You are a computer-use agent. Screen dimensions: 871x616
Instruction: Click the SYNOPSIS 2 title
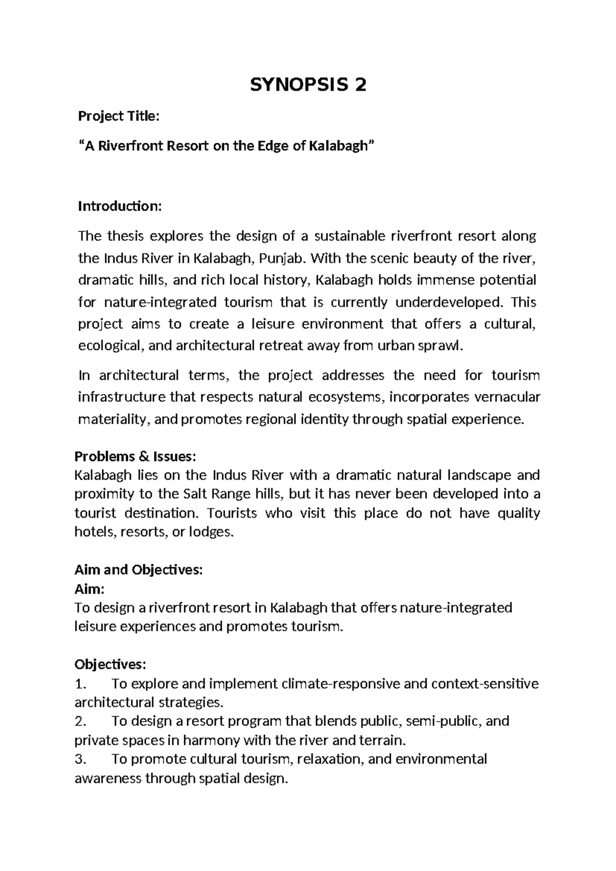point(308,85)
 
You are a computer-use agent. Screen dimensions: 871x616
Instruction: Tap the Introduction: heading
point(120,206)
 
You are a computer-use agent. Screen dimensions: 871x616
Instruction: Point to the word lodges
point(210,532)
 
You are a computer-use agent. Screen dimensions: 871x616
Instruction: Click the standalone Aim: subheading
point(89,589)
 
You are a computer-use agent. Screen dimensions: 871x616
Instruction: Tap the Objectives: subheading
point(110,665)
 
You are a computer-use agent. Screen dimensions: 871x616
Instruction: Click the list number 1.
point(79,684)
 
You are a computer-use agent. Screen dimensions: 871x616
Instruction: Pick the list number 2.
point(79,722)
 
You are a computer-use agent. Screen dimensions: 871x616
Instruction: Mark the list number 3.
point(79,760)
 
